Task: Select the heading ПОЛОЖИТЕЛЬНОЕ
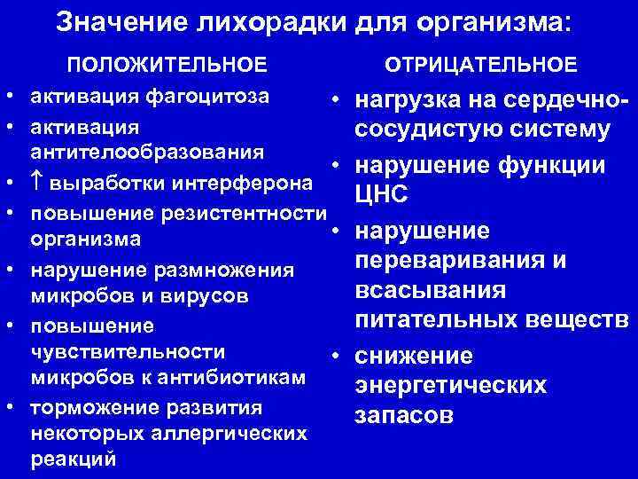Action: point(167,65)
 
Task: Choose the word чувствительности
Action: point(128,351)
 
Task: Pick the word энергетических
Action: point(450,386)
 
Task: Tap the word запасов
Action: point(404,415)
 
